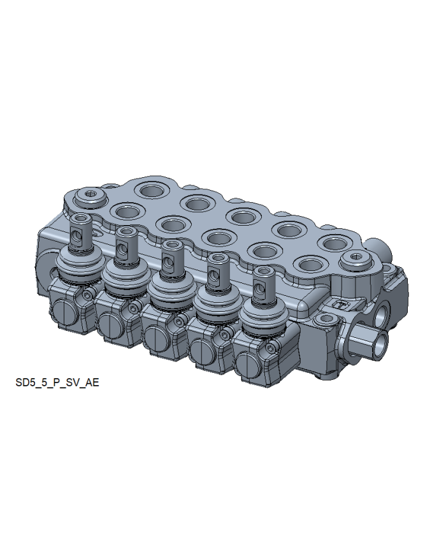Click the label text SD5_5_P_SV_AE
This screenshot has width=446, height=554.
point(57,383)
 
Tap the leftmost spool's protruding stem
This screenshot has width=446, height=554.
point(81,231)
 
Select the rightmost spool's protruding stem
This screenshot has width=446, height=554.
point(264,285)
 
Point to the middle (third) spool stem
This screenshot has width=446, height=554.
point(173,258)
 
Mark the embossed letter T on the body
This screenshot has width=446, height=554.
point(342,304)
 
